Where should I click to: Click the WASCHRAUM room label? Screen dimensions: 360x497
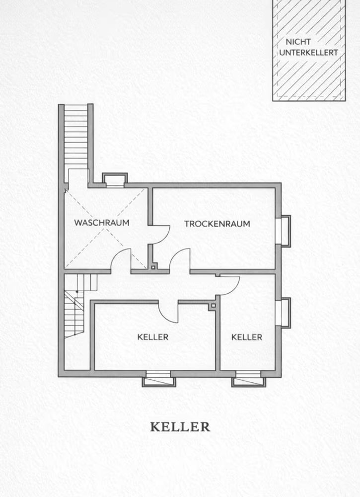(x=102, y=223)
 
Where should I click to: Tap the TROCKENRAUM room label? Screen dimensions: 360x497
(x=217, y=224)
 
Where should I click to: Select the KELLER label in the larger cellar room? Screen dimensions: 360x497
(x=152, y=337)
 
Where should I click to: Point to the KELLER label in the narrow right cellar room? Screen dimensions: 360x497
(x=247, y=337)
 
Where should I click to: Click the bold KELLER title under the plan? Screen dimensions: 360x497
(x=180, y=426)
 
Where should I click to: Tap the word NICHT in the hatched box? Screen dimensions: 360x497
(x=298, y=42)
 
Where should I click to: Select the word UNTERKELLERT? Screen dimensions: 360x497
(x=309, y=53)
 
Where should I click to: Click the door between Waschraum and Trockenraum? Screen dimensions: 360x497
(x=159, y=235)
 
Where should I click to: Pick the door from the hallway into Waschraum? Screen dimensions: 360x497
(x=121, y=260)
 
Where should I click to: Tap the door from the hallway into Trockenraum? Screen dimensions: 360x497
(x=180, y=260)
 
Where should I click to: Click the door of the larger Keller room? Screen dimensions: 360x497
(x=168, y=312)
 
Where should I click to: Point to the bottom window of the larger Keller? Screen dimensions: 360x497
(x=158, y=378)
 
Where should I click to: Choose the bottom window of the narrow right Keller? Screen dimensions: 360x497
(x=249, y=378)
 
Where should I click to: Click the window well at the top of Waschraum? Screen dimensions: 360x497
(x=115, y=180)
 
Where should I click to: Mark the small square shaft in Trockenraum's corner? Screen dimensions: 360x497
(x=153, y=267)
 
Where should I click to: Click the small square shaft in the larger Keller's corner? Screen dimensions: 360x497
(x=213, y=306)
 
